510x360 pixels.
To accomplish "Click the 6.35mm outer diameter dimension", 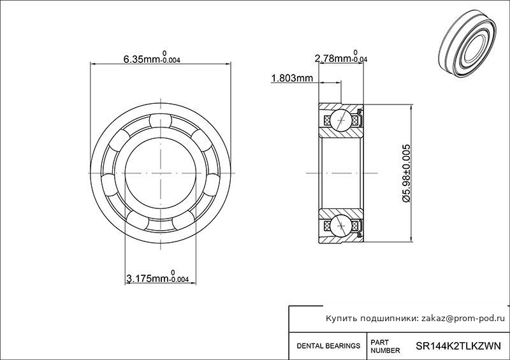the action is pos(152,58).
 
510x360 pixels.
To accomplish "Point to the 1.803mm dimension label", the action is pos(292,78).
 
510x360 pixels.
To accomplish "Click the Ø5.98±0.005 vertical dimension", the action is pos(406,173).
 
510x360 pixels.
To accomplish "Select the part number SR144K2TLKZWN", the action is pos(458,346).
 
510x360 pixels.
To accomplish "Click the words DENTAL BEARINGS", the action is pos(328,346).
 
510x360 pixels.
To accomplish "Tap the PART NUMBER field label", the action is pos(386,347).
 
